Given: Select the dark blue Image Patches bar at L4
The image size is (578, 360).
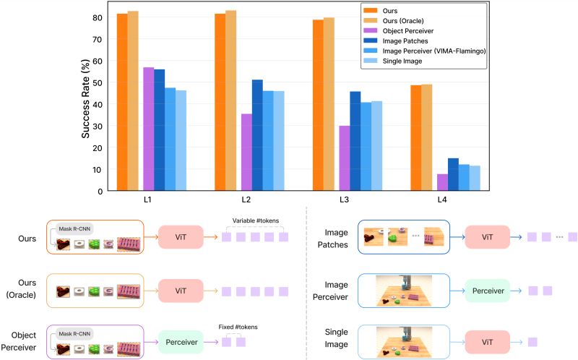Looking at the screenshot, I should point(453,174).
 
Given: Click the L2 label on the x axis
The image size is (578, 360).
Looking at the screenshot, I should point(246,198).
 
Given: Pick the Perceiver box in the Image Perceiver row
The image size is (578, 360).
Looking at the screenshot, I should point(487,290).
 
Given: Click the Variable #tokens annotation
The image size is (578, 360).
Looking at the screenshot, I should point(255,220).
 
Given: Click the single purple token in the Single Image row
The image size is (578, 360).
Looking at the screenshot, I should point(533,342).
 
